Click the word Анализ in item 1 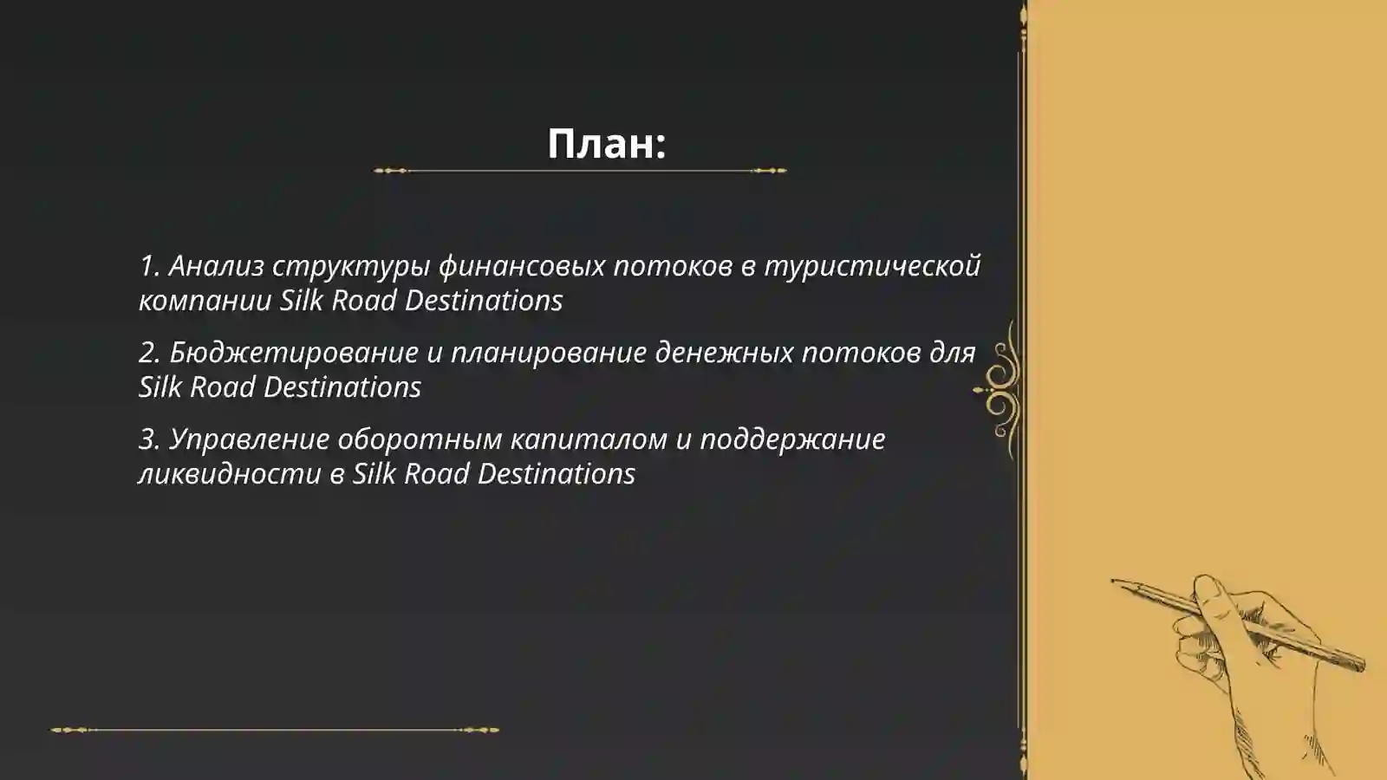point(216,266)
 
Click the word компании point(205,301)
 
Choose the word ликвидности point(230,474)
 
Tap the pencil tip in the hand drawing point(1115,581)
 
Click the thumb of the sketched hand point(1210,593)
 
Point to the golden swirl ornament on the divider point(1000,390)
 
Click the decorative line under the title point(580,171)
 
